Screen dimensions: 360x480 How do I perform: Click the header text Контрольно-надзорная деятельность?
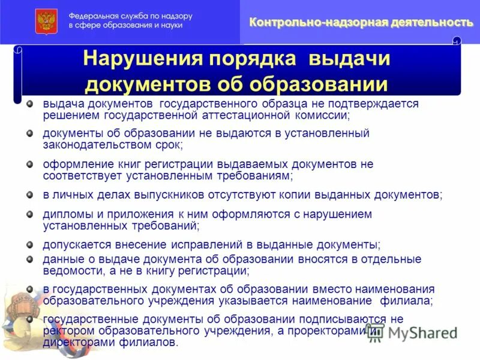point(361,22)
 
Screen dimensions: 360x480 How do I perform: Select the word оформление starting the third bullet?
point(76,164)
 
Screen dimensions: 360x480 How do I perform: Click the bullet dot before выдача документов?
point(29,103)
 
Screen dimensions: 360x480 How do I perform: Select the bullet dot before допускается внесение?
point(29,245)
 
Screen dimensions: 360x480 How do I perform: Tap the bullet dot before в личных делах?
point(29,195)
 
